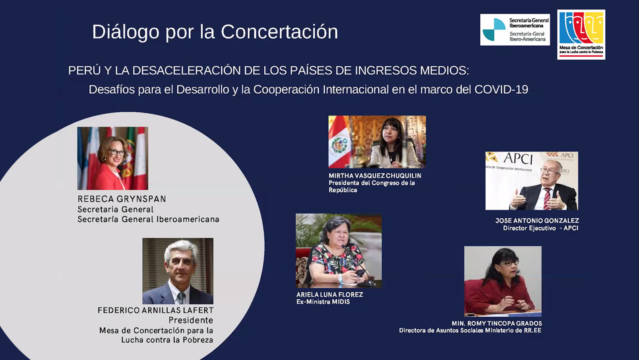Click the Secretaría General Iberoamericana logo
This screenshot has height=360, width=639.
tap(515, 30)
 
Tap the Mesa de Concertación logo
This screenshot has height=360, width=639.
tap(581, 35)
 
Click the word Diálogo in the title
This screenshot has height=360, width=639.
tap(126, 32)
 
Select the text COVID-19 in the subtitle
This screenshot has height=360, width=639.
tap(501, 89)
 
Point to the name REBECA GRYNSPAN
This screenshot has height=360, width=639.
tap(122, 199)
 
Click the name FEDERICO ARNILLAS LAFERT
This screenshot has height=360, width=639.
tap(155, 310)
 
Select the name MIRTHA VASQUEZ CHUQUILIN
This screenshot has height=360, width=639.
tap(375, 176)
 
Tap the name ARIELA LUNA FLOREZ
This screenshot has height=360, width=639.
tap(329, 295)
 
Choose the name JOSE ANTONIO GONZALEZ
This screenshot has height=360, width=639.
tap(537, 221)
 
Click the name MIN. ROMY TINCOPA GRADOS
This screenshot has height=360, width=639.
tap(497, 323)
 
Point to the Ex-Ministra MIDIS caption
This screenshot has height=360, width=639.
tap(323, 302)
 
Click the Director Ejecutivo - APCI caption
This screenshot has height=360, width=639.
tap(540, 228)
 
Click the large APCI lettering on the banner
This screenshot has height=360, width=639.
tap(518, 159)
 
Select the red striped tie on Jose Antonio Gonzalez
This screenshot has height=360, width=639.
tap(547, 199)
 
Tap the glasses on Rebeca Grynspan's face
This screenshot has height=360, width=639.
tap(117, 152)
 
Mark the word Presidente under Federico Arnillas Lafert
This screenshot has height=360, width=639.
tap(191, 320)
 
